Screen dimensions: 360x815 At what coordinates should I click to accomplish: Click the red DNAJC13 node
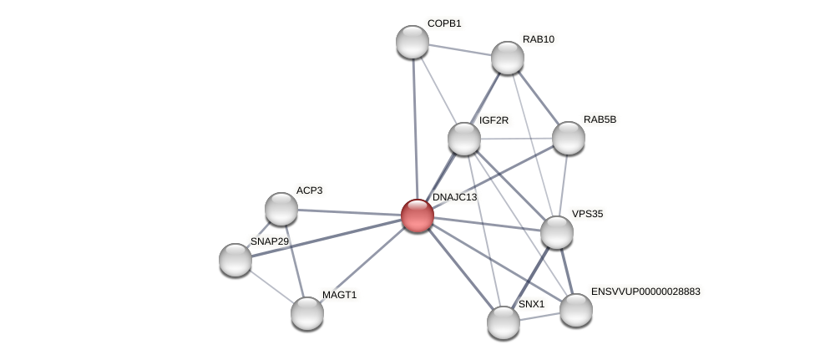pos(417,215)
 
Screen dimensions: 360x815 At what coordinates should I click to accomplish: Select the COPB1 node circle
pos(412,42)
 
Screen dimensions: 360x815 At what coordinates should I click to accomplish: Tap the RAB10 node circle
pos(507,58)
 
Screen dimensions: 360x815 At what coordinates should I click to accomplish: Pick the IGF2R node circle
pos(463,139)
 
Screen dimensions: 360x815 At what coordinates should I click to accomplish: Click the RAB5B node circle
pos(568,138)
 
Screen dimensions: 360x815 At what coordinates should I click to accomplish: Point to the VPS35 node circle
pos(556,232)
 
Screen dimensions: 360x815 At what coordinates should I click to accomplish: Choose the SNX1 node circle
pos(503,322)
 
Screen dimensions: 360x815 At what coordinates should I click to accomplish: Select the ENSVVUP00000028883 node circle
pos(575,310)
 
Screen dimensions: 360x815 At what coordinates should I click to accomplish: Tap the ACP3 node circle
pos(281,209)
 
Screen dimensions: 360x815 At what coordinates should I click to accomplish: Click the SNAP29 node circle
pos(235,259)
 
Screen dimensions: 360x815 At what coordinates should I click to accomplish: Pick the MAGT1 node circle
pos(306,312)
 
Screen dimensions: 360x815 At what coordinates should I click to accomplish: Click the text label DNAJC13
pos(454,197)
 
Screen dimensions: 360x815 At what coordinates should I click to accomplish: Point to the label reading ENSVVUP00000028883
pos(645,292)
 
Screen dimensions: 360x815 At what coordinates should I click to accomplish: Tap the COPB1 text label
pos(444,23)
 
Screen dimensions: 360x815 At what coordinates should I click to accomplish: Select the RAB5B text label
pos(600,119)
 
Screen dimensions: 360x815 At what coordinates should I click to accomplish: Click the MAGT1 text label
pos(339,295)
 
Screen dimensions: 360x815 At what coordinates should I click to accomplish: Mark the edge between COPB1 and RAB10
pos(459,49)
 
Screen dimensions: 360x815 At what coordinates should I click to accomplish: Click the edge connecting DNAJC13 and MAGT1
pos(362,264)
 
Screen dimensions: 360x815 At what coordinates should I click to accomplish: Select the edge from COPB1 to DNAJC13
pos(414,125)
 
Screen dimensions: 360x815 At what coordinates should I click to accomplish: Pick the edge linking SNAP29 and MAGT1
pos(271,286)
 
